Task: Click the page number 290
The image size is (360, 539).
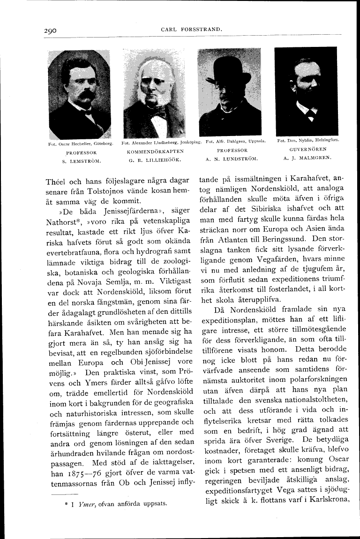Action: (47, 31)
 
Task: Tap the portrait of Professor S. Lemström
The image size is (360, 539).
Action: (79, 94)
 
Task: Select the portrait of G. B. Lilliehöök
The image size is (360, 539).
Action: (154, 94)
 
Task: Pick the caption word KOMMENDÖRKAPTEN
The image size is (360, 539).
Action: (155, 152)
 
